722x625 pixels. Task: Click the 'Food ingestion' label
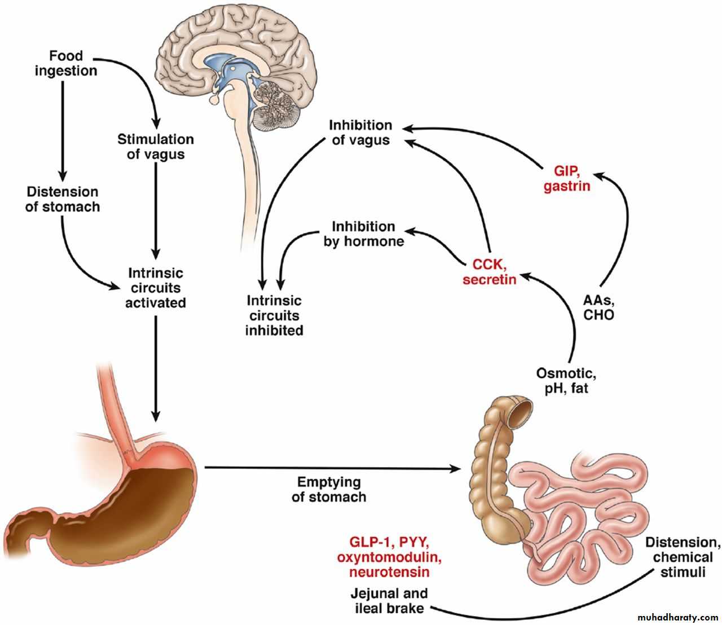pos(66,63)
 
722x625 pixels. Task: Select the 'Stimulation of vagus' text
pos(155,146)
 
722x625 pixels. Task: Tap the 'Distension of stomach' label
pos(63,199)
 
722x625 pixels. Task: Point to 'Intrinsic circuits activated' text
pos(155,288)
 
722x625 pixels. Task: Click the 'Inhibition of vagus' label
pos(360,132)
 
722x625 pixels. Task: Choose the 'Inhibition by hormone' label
pos(363,234)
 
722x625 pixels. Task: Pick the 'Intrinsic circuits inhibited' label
pos(274,315)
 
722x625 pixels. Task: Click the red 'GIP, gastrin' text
pos(567,178)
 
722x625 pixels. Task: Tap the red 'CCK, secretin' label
pos(489,271)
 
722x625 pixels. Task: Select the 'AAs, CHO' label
pos(598,307)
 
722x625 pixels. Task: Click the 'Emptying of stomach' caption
pos(329,489)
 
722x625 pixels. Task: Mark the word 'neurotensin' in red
pos(389,572)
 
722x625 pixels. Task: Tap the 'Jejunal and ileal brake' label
pos(389,601)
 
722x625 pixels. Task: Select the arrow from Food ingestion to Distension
pos(63,127)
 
